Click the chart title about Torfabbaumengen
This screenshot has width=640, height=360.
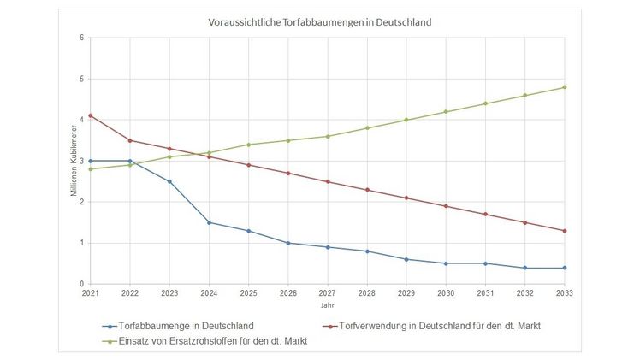(320, 21)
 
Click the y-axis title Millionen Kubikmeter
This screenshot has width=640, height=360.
(74, 162)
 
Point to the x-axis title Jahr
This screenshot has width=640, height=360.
(328, 304)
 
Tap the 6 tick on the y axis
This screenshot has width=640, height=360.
(80, 38)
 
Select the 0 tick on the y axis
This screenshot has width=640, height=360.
(80, 284)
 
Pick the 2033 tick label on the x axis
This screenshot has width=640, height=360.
(564, 293)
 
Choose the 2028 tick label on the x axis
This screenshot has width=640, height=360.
(366, 293)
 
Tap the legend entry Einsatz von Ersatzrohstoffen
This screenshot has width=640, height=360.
(204, 340)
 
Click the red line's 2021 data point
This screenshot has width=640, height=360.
(90, 115)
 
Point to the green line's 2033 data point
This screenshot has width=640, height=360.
(564, 87)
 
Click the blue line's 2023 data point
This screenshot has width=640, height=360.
(169, 181)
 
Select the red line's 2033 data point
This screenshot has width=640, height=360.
(564, 231)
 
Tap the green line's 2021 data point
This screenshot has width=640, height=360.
(90, 168)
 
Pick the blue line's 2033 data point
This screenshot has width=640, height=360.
(564, 268)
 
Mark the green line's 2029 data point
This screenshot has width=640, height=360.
(406, 120)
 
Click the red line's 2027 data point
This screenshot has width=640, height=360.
(327, 181)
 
